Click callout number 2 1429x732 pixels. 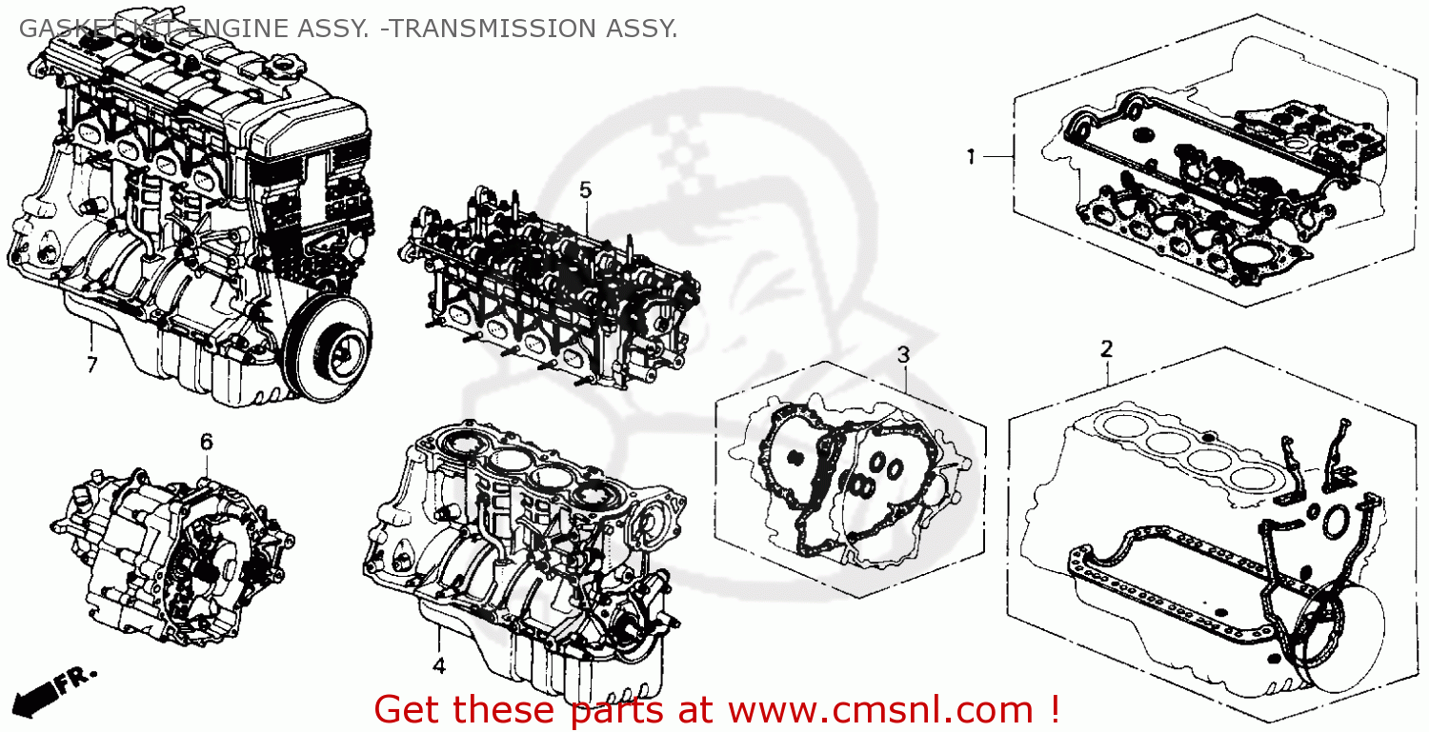[x=1106, y=348]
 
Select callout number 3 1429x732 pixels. [x=903, y=354]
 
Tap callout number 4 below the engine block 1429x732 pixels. [x=438, y=666]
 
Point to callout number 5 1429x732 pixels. [x=585, y=189]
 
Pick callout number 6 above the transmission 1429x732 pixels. [x=206, y=441]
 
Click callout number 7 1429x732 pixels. [x=91, y=365]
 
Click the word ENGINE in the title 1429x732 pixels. [x=232, y=29]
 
